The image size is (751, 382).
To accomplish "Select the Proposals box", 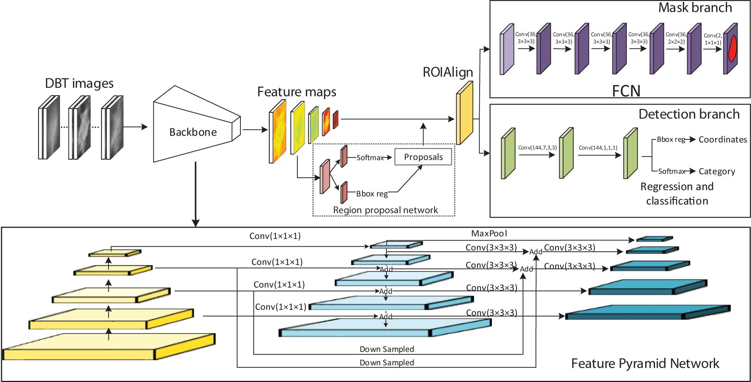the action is pyautogui.click(x=423, y=157).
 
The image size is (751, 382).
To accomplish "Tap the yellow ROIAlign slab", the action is pyautogui.click(x=464, y=113).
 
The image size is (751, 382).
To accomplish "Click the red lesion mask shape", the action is pyautogui.click(x=732, y=49).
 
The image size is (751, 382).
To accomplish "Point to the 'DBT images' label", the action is pyautogui.click(x=79, y=83).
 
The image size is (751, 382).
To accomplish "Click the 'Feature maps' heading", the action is pyautogui.click(x=297, y=92).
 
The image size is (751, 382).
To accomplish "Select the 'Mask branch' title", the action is pyautogui.click(x=695, y=8).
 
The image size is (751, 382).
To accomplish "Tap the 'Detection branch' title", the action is pyautogui.click(x=689, y=114).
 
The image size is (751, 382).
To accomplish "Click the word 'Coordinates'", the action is pyautogui.click(x=723, y=140).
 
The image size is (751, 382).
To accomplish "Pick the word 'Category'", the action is pyautogui.click(x=717, y=172).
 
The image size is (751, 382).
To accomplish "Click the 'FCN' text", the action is pyautogui.click(x=626, y=91).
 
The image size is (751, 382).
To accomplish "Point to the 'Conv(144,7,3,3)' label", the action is pyautogui.click(x=537, y=147).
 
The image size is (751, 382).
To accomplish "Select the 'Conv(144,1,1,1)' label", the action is pyautogui.click(x=598, y=147).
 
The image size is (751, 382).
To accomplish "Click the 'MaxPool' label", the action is pyautogui.click(x=489, y=233).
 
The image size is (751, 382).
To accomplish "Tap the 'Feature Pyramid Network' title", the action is pyautogui.click(x=645, y=363).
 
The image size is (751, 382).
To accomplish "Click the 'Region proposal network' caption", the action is pyautogui.click(x=385, y=210).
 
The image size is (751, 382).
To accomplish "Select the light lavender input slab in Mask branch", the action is pyautogui.click(x=507, y=49).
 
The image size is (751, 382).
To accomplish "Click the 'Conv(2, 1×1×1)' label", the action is pyautogui.click(x=713, y=39).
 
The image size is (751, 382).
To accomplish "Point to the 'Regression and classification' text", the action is pyautogui.click(x=677, y=194).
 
